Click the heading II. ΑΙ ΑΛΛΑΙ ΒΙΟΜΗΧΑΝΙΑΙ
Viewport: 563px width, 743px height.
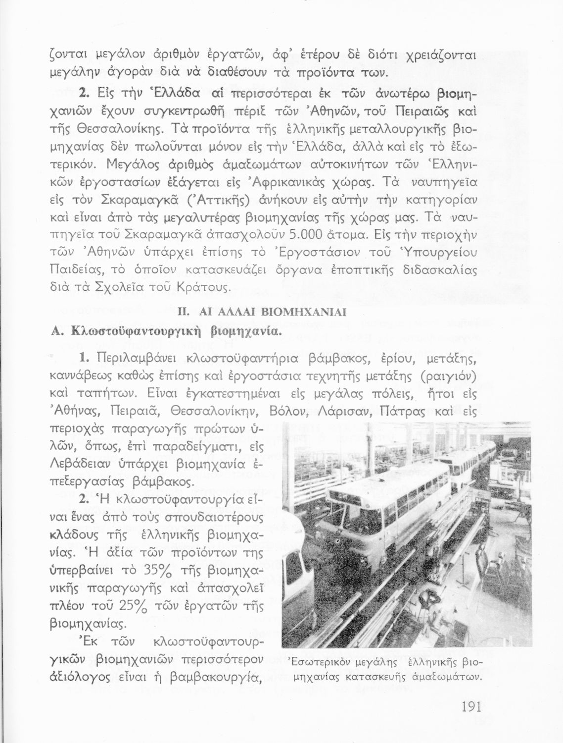[x=261, y=313]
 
